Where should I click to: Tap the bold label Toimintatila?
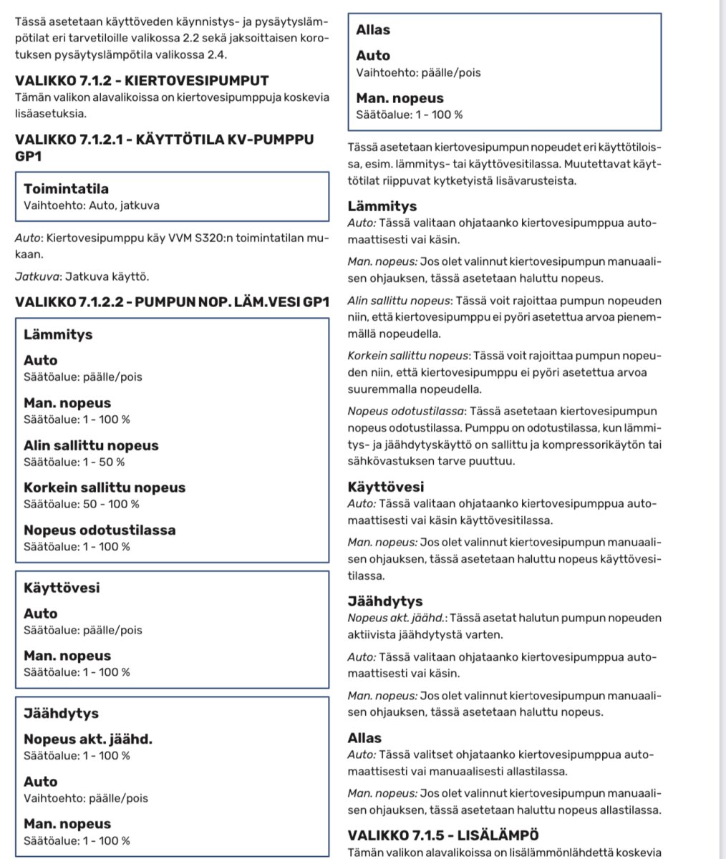[66, 189]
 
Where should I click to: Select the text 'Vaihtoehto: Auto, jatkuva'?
[92, 205]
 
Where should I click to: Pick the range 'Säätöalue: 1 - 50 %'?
[74, 462]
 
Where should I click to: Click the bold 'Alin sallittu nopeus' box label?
[91, 445]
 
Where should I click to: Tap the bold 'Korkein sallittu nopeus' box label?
[105, 487]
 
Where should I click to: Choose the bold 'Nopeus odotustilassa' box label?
[100, 530]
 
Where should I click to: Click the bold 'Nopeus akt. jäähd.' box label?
[88, 739]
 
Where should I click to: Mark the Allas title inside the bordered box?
[373, 30]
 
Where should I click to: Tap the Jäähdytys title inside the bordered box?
[61, 714]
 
